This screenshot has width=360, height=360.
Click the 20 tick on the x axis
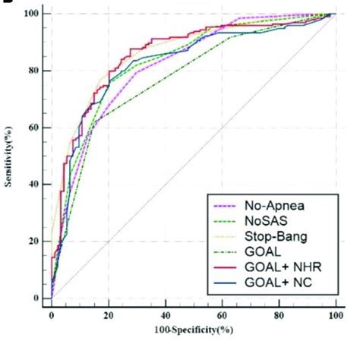[109, 314]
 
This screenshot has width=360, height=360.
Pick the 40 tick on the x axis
[166, 314]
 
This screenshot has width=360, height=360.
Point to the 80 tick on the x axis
[279, 314]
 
